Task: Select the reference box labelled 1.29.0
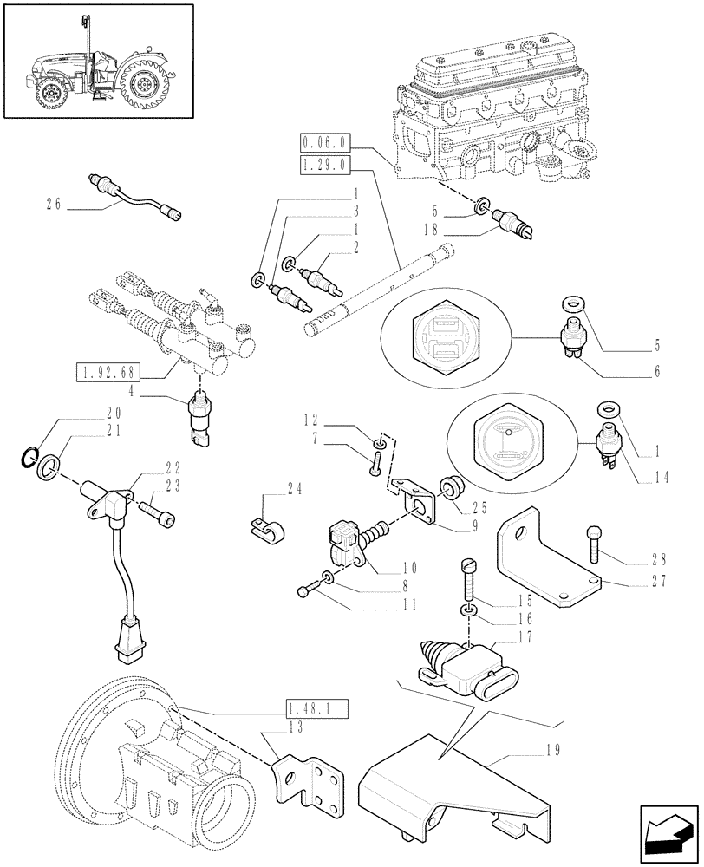pyautogui.click(x=325, y=164)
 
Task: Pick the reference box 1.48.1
pyautogui.click(x=316, y=711)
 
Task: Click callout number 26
pyautogui.click(x=54, y=205)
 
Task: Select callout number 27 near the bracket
pyautogui.click(x=661, y=583)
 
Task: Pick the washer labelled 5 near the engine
pyautogui.click(x=479, y=207)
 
